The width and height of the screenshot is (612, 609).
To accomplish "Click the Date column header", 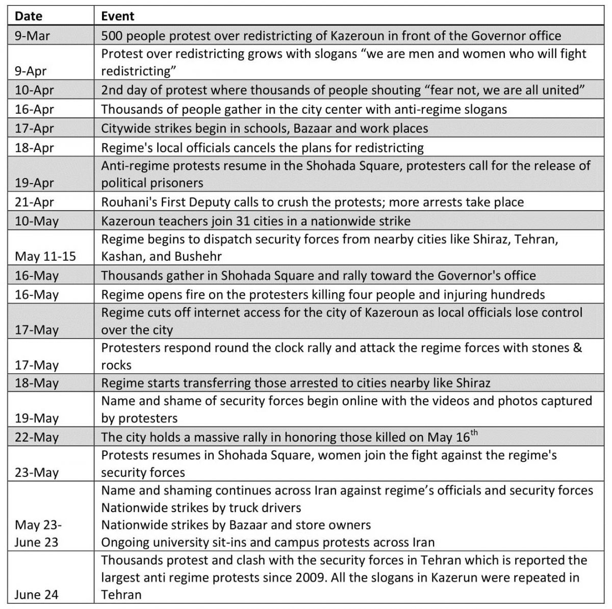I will tap(29, 16).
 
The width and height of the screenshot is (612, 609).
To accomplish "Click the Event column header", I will tap(118, 16).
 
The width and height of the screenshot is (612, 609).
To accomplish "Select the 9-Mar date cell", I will tap(32, 36).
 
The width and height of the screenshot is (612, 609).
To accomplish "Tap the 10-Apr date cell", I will tap(34, 91).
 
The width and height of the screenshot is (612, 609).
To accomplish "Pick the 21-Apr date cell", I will tap(34, 202).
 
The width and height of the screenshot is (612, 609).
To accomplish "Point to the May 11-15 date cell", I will tap(45, 256).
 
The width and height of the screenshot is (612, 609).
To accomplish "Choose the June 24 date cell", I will tap(36, 595).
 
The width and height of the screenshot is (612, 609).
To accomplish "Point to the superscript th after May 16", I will tap(474, 434).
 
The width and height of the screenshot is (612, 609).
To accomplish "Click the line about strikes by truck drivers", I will tap(201, 508).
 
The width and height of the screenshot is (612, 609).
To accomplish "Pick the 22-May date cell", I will tap(36, 438).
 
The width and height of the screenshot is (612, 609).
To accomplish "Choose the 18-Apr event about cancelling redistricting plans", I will tap(262, 148).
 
